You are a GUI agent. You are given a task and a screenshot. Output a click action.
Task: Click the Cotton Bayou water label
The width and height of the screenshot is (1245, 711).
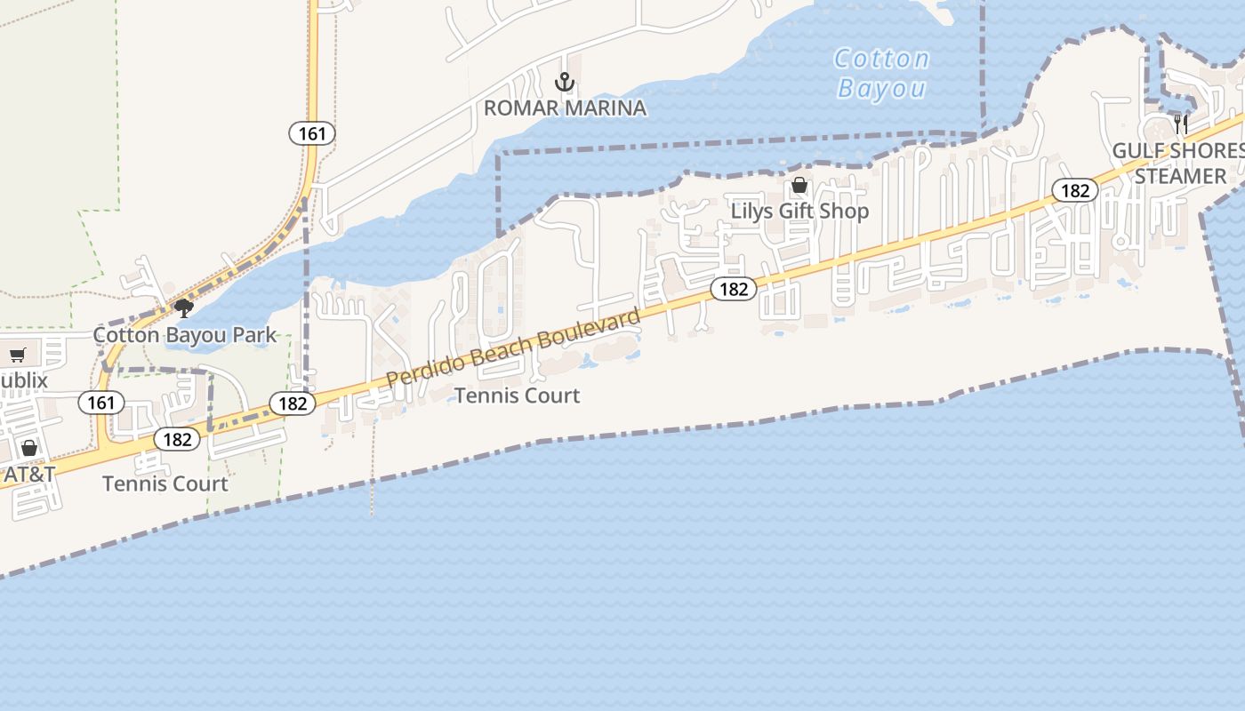pos(882,74)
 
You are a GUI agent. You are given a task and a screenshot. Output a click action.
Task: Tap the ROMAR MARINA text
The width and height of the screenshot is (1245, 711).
pos(565,108)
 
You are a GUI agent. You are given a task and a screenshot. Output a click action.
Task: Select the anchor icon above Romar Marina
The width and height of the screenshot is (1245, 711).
pos(565,83)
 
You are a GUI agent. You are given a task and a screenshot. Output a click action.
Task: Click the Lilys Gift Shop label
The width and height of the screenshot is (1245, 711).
pos(799,212)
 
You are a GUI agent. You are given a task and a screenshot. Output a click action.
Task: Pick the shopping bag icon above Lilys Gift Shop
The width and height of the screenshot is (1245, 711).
pos(799,185)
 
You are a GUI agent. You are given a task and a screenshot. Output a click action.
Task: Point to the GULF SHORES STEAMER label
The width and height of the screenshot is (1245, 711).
pos(1179,164)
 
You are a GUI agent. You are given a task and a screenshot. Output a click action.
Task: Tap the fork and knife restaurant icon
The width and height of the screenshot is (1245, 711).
pos(1181,124)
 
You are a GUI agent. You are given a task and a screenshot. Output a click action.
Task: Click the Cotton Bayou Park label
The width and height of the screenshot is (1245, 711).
pos(185,335)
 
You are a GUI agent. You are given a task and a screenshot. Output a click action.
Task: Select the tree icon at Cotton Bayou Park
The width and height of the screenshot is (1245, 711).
pos(184,308)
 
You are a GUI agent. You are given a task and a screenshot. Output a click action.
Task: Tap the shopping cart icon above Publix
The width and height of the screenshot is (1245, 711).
pos(17,355)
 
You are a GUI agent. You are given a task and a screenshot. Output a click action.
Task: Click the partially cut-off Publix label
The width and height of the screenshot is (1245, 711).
pos(24,381)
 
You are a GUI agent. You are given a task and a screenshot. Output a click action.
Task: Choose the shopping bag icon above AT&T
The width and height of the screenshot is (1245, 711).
pos(29,448)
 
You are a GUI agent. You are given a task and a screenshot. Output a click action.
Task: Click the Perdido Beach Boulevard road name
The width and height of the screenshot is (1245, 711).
pos(513,348)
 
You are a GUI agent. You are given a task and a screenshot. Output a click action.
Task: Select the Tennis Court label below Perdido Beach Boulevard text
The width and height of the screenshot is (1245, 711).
pos(517,395)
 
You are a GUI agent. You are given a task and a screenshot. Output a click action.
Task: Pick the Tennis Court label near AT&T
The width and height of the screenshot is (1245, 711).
pos(165,484)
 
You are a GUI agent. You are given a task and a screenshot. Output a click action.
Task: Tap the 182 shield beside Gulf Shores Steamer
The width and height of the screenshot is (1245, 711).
pos(1075,190)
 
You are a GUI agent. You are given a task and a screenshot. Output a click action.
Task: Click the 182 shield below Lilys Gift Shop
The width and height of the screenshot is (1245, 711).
pos(734,289)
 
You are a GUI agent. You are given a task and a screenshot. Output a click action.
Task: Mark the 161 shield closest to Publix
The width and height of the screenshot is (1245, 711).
pos(100,403)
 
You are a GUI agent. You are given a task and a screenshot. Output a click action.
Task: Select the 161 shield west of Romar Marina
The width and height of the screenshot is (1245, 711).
pos(312,133)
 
